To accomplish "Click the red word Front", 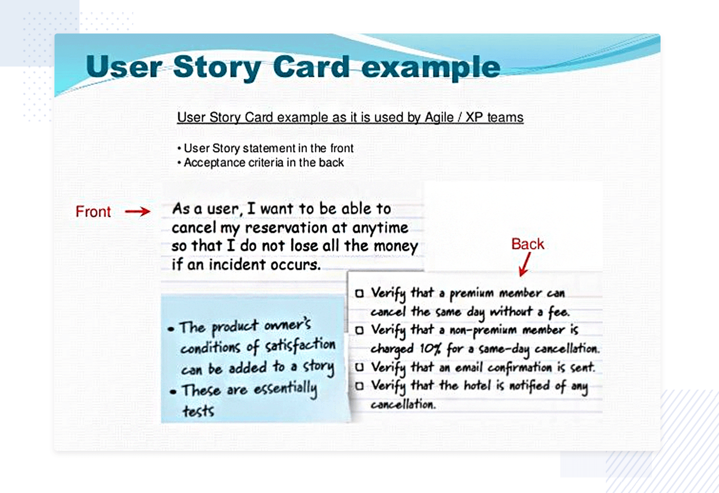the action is (x=93, y=212).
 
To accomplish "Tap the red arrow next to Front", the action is (x=138, y=211).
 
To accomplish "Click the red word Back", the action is (x=528, y=244).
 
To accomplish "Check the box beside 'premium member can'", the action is (x=359, y=293).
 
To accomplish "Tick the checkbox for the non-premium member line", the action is (x=359, y=330).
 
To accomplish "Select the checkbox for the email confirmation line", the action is (x=359, y=367).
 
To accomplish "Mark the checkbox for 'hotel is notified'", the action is (x=359, y=386).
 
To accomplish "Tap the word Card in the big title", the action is (x=312, y=67).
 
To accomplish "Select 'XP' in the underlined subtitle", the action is (x=473, y=117).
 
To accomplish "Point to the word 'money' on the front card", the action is (x=396, y=246).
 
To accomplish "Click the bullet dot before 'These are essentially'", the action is (x=174, y=392).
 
